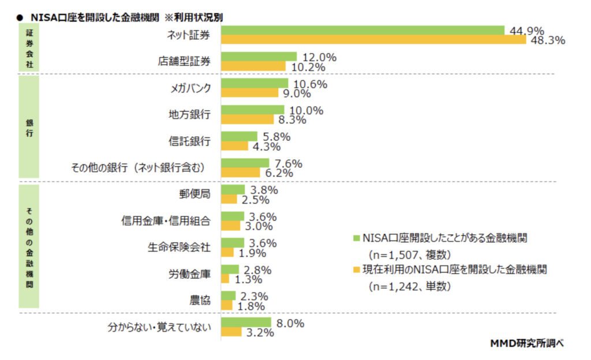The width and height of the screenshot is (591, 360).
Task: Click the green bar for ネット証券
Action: pyautogui.click(x=362, y=30)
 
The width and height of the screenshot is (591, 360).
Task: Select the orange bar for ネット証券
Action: pyautogui.click(x=373, y=40)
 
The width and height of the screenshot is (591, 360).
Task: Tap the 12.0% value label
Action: pyautogui.click(x=317, y=57)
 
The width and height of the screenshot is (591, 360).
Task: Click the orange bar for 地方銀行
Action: pyautogui.click(x=248, y=119)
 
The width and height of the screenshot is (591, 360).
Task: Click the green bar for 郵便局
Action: pyautogui.click(x=233, y=189)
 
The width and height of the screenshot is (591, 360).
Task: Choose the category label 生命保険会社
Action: pyautogui.click(x=177, y=247)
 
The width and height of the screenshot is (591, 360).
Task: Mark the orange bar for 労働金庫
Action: pyautogui.click(x=225, y=279)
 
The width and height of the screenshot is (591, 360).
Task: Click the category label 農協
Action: pyautogui.click(x=200, y=300)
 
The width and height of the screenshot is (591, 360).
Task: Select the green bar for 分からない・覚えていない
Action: pyautogui.click(x=246, y=322)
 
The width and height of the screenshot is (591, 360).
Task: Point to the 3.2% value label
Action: pyautogui.click(x=259, y=332)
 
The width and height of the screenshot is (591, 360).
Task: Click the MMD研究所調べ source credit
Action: pyautogui.click(x=526, y=344)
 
